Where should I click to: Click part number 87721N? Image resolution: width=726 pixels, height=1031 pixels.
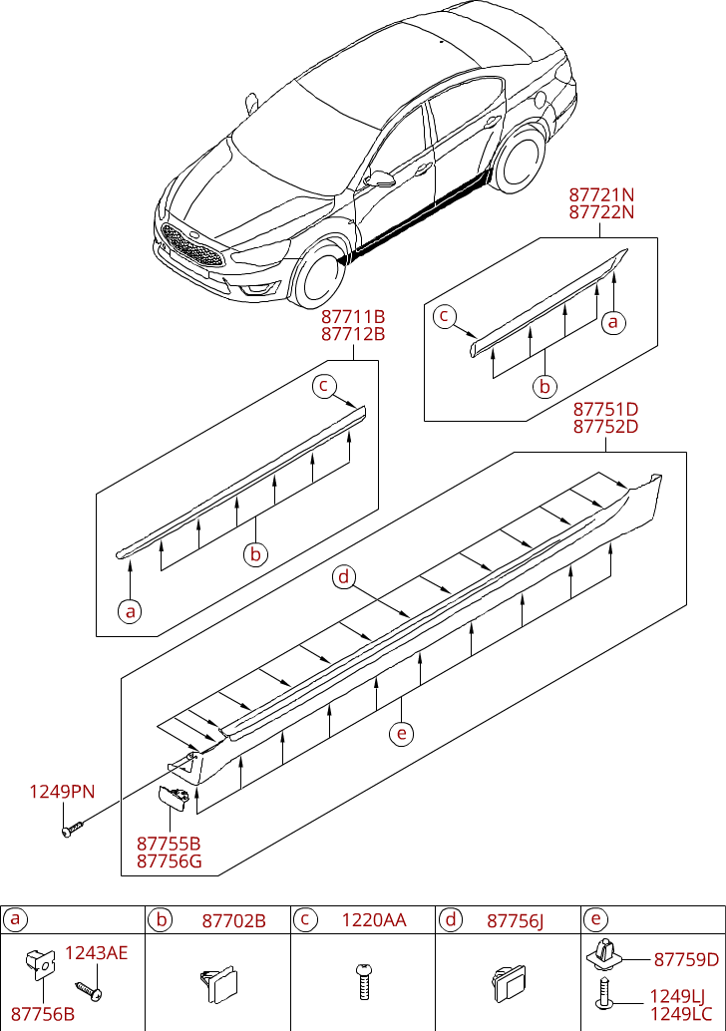(x=601, y=194)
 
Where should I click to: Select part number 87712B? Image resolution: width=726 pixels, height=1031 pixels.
(x=353, y=334)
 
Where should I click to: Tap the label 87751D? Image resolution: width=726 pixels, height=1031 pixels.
(x=605, y=409)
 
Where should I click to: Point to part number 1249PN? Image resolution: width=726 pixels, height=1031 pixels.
(x=62, y=792)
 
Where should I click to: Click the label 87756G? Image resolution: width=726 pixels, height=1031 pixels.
(x=169, y=860)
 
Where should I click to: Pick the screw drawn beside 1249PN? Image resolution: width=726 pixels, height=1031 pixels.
(x=72, y=829)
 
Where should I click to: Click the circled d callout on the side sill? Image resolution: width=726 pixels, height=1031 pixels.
(x=343, y=577)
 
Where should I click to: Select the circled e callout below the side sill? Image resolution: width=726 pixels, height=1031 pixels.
(x=401, y=734)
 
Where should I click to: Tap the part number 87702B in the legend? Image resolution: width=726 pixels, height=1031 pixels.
(x=233, y=920)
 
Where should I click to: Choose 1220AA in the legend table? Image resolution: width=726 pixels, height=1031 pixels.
(x=374, y=920)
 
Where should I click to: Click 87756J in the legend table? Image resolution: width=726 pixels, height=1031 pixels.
(x=515, y=920)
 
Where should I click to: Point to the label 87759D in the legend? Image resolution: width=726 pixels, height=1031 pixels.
(x=686, y=960)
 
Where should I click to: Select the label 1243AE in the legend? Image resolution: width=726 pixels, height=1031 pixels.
(x=97, y=953)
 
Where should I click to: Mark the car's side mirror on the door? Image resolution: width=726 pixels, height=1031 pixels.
(x=380, y=179)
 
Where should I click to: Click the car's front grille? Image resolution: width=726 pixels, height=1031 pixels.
(x=191, y=244)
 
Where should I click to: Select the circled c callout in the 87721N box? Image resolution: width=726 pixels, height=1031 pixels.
(x=446, y=317)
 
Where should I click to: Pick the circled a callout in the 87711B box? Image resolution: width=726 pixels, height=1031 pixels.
(x=129, y=610)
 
